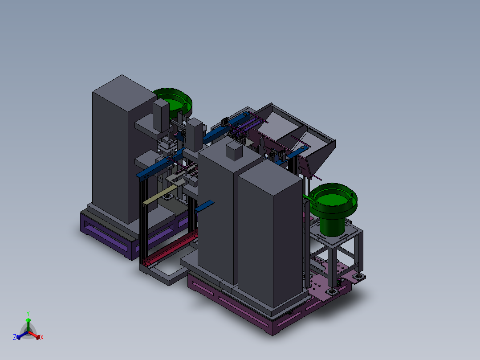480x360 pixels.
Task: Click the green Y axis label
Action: tap(28, 313)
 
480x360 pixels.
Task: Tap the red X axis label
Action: tap(42, 337)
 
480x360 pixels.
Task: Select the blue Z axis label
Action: tap(15, 337)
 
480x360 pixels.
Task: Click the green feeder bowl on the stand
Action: tap(333, 205)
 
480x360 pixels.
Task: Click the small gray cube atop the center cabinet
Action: tap(234, 151)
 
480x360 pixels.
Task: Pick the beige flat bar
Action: tap(160, 195)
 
